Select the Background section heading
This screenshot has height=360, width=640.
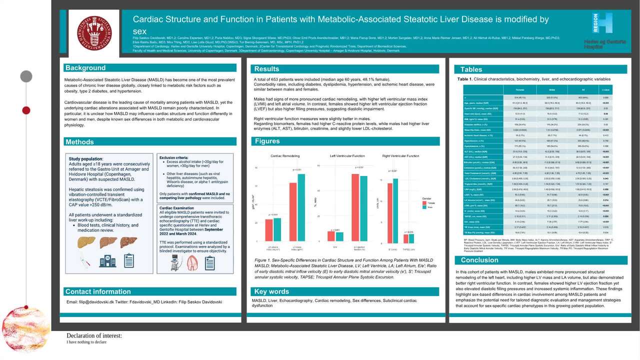(x=85, y=68)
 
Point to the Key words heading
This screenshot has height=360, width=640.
(x=271, y=291)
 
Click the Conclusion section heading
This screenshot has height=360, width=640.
(x=479, y=260)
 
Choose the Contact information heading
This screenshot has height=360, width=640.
(x=98, y=291)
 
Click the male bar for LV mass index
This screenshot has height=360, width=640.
(x=300, y=206)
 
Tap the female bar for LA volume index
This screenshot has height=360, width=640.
(x=269, y=230)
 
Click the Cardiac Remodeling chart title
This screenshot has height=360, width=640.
(x=286, y=156)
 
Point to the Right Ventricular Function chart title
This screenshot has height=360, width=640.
(x=400, y=156)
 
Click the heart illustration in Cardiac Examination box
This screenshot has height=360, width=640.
(x=191, y=263)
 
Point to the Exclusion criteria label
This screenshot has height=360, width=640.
(x=173, y=156)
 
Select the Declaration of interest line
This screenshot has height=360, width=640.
(x=94, y=335)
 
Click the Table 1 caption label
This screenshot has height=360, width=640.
(x=464, y=79)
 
